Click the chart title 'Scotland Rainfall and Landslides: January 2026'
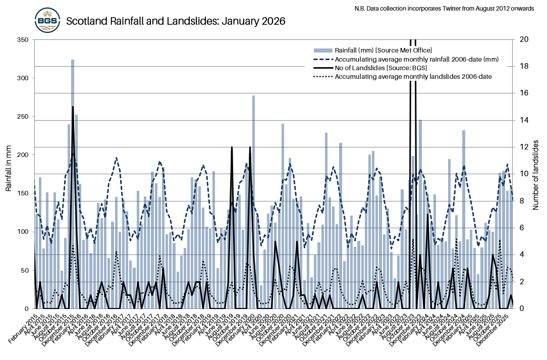(x=176, y=21)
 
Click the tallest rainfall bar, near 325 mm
(x=73, y=151)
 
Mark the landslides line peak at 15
(x=73, y=108)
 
